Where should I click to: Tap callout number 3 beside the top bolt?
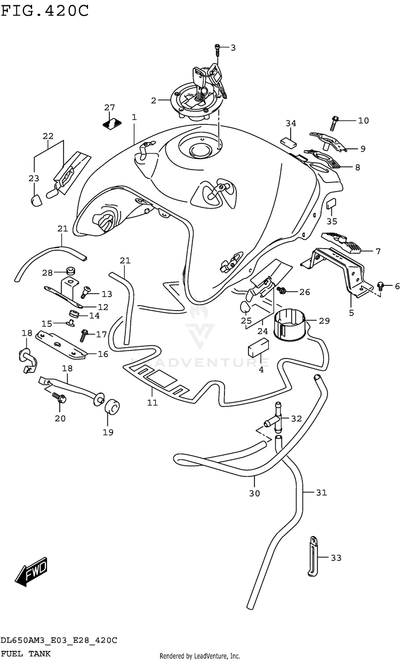coord(233,48)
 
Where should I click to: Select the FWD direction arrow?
coord(32,573)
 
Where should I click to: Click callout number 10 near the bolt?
coord(363,121)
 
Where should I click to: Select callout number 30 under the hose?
coord(254,493)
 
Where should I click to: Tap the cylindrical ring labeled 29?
coord(289,325)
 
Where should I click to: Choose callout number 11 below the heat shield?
coord(153,402)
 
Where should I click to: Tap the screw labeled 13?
coord(85,292)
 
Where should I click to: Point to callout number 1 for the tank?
coord(134,117)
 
